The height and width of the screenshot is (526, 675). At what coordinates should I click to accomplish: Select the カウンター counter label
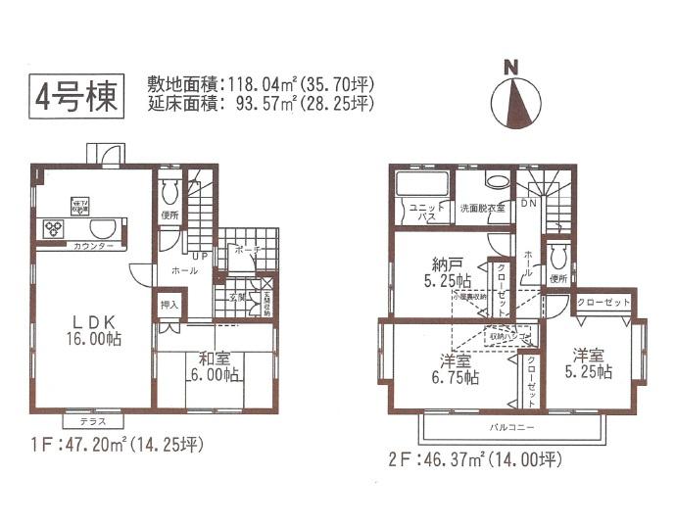pos(93,246)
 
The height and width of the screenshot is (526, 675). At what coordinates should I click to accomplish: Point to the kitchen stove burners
pos(51,228)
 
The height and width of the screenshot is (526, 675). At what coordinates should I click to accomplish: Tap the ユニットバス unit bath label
pos(421,213)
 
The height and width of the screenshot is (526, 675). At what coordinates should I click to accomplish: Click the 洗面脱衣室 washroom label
pos(485,208)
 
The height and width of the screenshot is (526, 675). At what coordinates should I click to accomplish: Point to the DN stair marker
pos(528,204)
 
